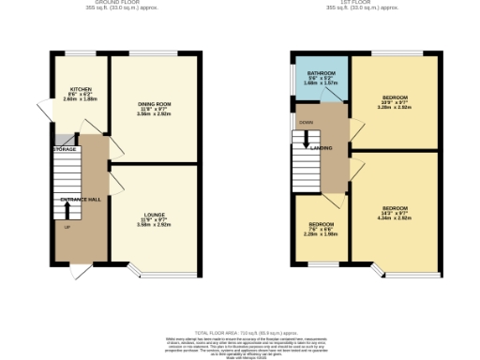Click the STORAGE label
(65, 149)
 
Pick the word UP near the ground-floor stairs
(67, 228)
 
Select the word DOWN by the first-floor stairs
(307, 122)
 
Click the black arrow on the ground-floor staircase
(67, 187)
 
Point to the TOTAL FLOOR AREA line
(240, 333)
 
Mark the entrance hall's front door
(81, 271)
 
